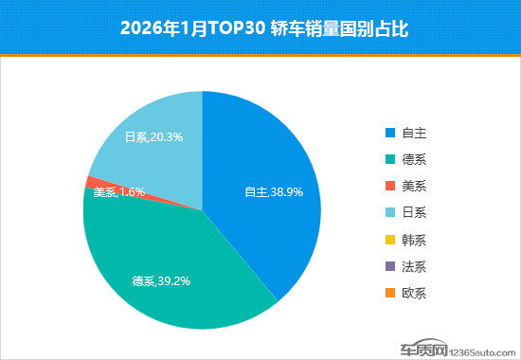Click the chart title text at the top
click(260, 27)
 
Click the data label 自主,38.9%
click(274, 191)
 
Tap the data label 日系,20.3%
click(153, 136)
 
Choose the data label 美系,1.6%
click(118, 191)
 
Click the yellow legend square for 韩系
click(390, 240)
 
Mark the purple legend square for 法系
click(390, 266)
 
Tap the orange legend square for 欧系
click(390, 293)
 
